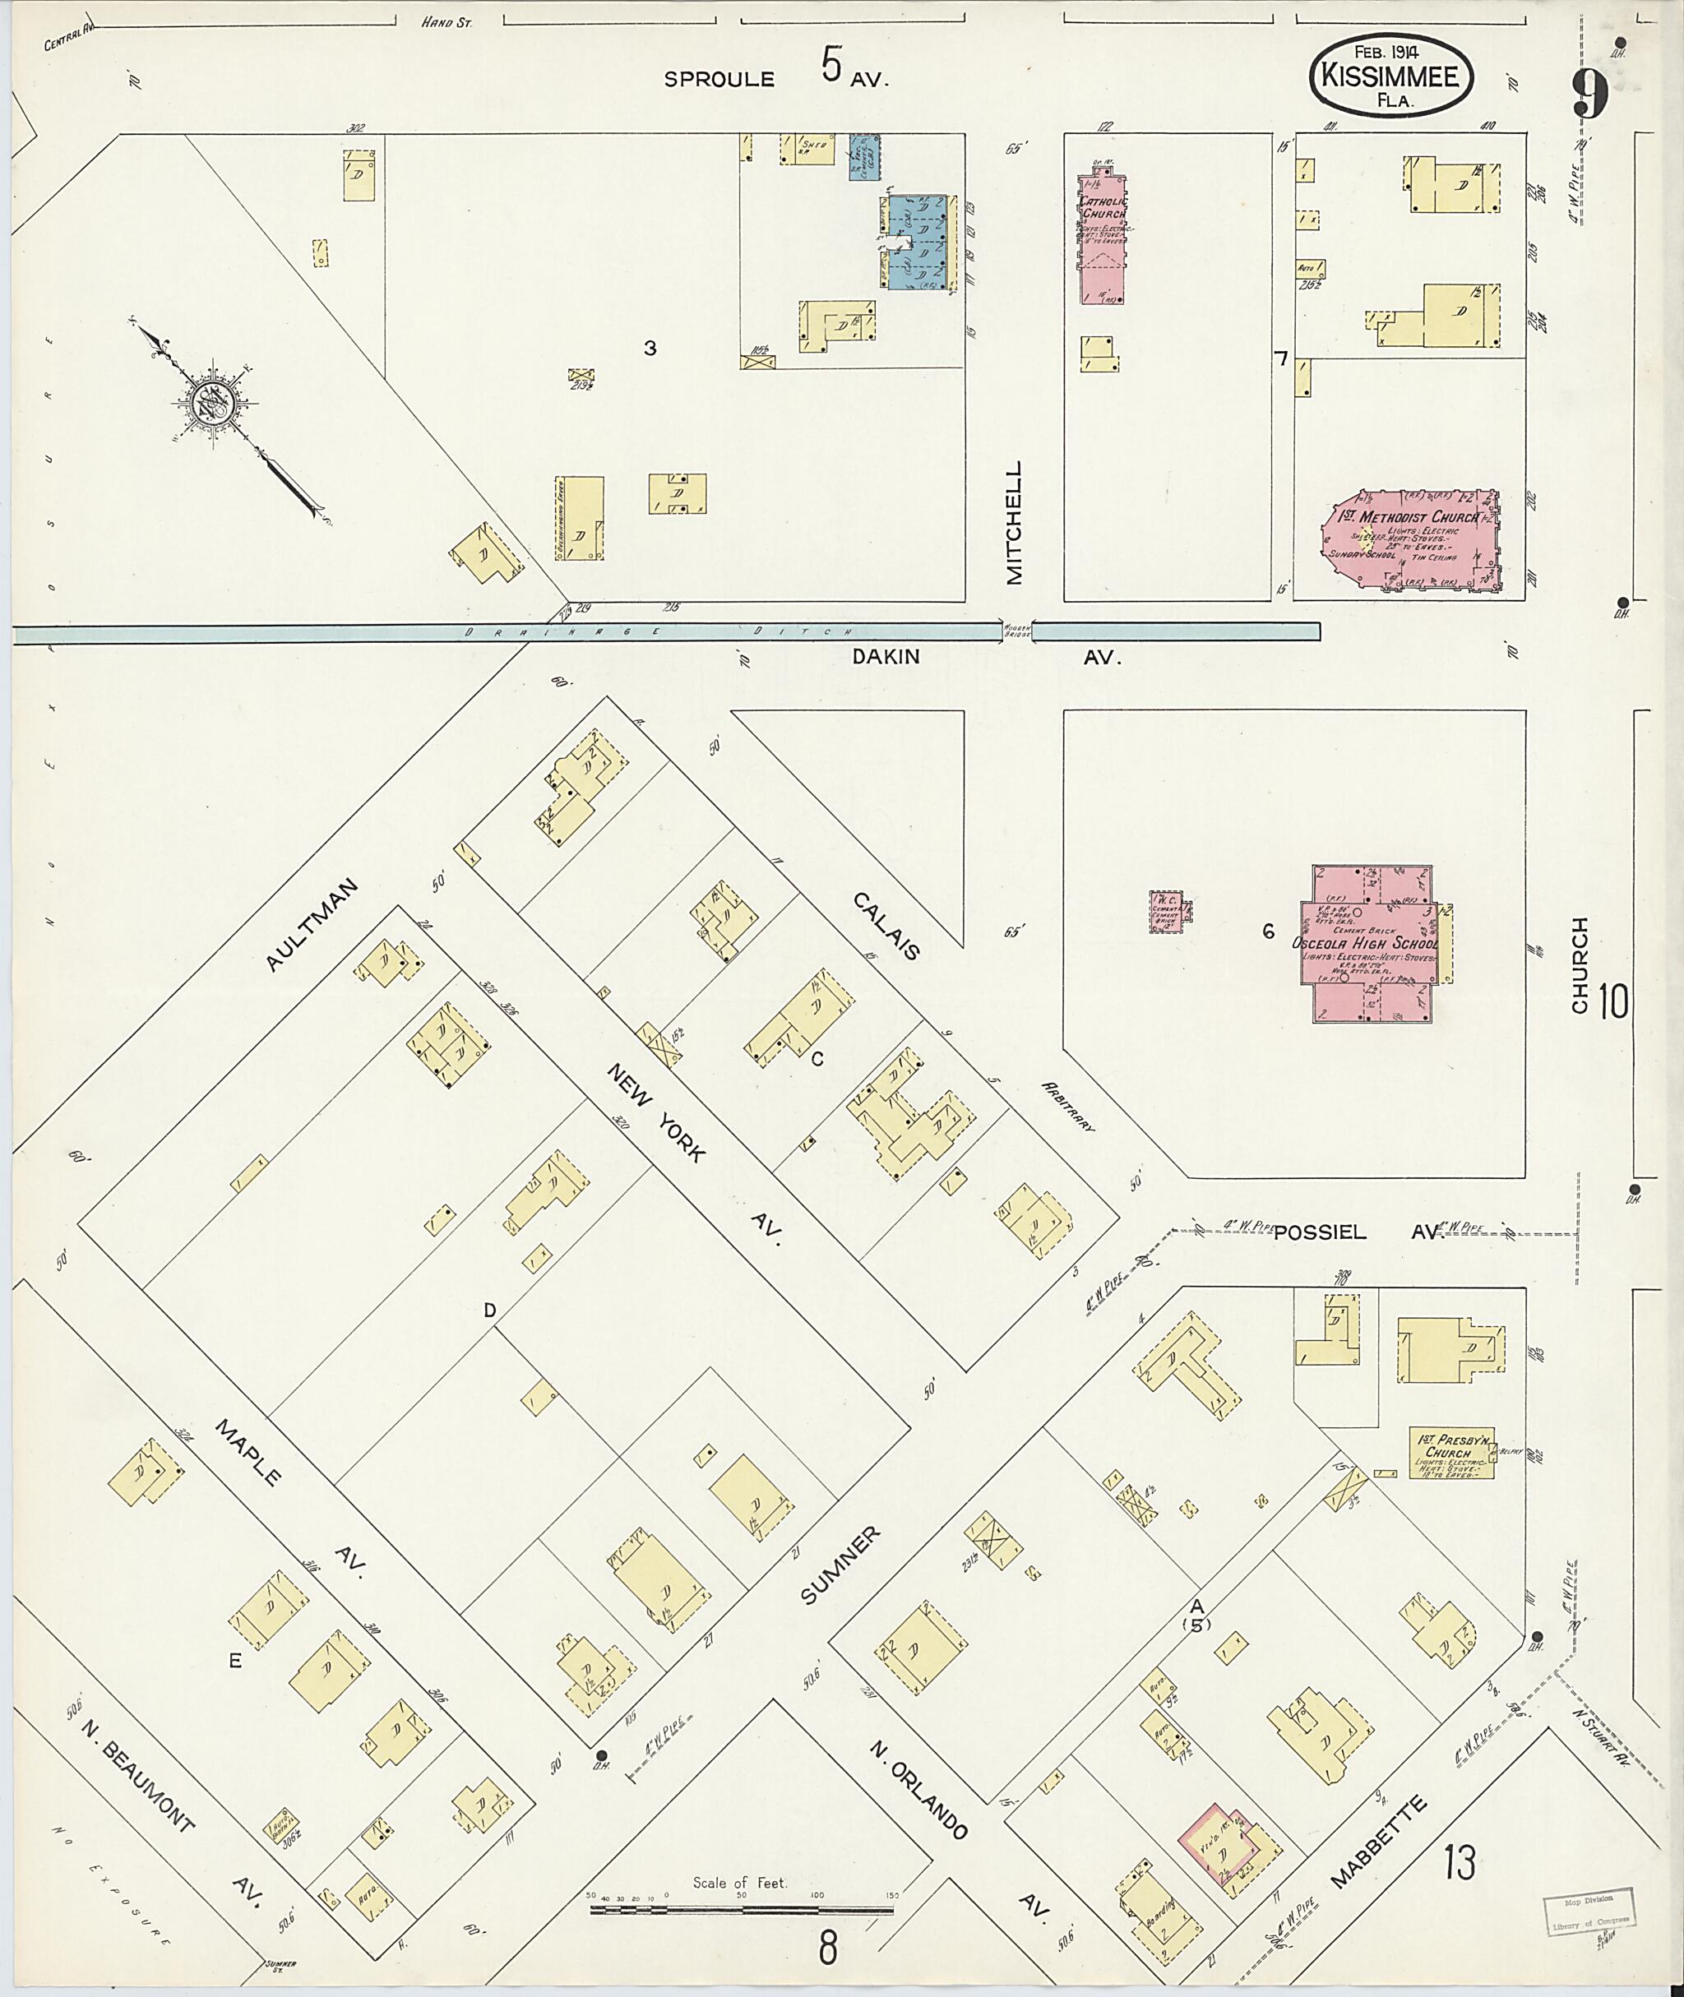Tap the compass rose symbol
[211, 405]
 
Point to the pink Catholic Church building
[1103, 238]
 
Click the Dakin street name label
[886, 657]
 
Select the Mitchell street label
[1014, 522]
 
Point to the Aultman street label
[313, 925]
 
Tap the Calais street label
[886, 925]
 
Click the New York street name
[656, 1112]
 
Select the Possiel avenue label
[1319, 1232]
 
